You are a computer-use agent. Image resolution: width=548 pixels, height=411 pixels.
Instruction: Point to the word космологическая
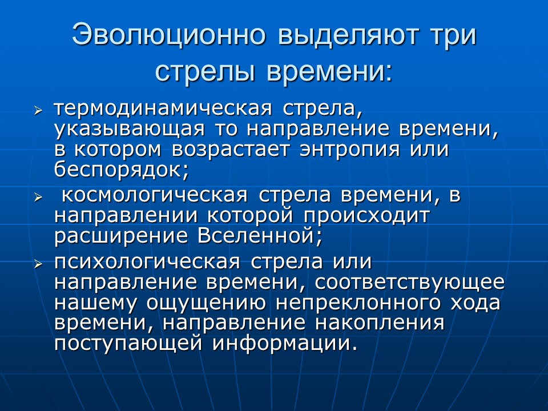(x=154, y=195)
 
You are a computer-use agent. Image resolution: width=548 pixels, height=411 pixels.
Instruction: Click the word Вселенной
(x=256, y=235)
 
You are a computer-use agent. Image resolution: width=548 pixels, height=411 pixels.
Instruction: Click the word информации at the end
(x=283, y=342)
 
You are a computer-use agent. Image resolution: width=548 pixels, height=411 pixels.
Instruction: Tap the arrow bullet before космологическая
(x=38, y=197)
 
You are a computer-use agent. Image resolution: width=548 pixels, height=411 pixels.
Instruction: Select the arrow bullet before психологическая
(x=38, y=264)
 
